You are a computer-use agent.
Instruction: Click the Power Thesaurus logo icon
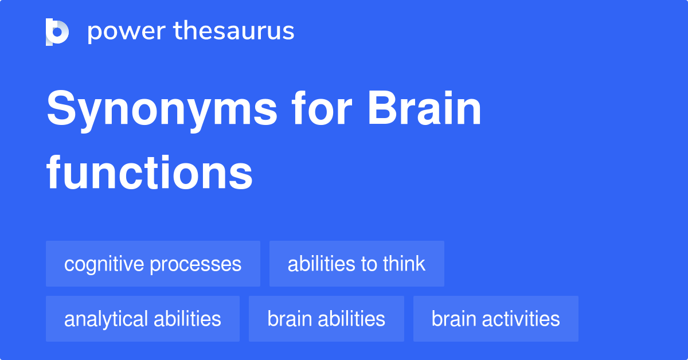pyautogui.click(x=57, y=32)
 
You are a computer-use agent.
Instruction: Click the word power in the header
pyautogui.click(x=127, y=32)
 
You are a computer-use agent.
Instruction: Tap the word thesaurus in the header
pyautogui.click(x=234, y=30)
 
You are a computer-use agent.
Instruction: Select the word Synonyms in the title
pyautogui.click(x=162, y=111)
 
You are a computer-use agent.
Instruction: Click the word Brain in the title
pyautogui.click(x=424, y=108)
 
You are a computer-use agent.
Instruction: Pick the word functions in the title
pyautogui.click(x=150, y=173)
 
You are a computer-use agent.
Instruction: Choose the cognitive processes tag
pyautogui.click(x=153, y=264)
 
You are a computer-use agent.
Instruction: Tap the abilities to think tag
pyautogui.click(x=357, y=264)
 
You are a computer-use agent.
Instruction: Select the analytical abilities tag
pyautogui.click(x=143, y=319)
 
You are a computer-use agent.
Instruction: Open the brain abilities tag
pyautogui.click(x=326, y=319)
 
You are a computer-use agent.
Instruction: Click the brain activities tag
pyautogui.click(x=496, y=319)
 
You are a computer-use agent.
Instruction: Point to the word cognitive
pyautogui.click(x=104, y=264)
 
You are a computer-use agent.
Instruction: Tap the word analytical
pyautogui.click(x=106, y=320)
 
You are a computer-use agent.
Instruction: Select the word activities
pyautogui.click(x=521, y=319)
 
